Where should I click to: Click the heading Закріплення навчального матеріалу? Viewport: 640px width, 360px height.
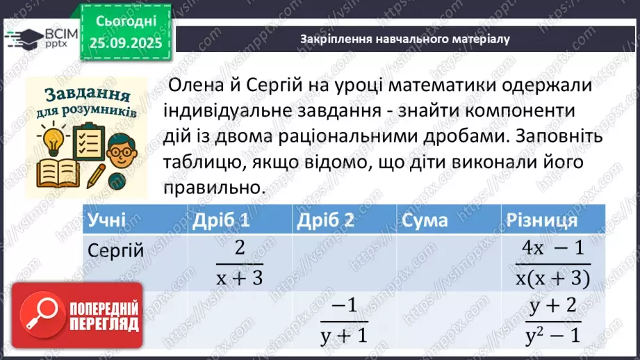(405, 39)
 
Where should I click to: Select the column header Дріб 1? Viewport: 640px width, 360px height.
(220, 220)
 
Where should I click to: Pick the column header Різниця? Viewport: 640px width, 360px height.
(543, 220)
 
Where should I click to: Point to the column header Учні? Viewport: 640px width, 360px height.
(106, 220)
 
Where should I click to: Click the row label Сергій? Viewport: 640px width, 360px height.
(116, 251)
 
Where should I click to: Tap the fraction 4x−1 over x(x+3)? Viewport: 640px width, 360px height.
(552, 263)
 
